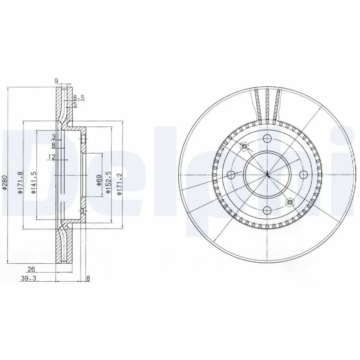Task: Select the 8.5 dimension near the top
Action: pyautogui.click(x=79, y=97)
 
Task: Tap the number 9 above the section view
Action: pyautogui.click(x=56, y=81)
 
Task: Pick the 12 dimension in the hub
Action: pyautogui.click(x=53, y=157)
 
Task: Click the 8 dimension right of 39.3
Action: pyautogui.click(x=88, y=279)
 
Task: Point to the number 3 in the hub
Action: pyautogui.click(x=53, y=136)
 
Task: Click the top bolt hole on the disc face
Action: pyautogui.click(x=267, y=139)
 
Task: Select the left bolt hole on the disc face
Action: pyautogui.click(x=231, y=175)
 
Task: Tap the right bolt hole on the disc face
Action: pyautogui.click(x=303, y=175)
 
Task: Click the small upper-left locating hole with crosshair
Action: pyautogui.click(x=244, y=146)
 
